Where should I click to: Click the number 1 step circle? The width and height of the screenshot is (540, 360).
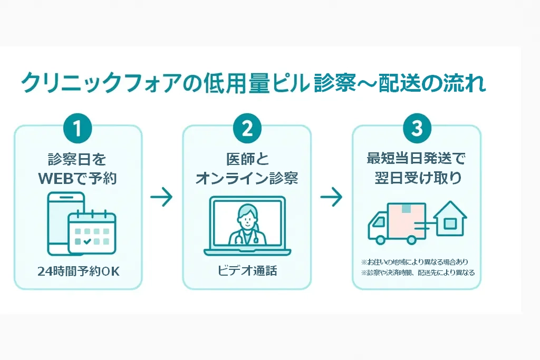(78, 128)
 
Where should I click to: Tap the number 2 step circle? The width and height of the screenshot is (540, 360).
(247, 128)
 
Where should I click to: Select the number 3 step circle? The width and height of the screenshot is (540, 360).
(417, 128)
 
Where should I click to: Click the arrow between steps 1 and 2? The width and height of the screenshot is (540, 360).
(161, 198)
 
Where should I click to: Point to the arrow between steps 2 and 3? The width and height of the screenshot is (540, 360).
(331, 198)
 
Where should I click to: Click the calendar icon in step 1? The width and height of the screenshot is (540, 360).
(92, 232)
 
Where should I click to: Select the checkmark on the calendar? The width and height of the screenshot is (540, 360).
(87, 241)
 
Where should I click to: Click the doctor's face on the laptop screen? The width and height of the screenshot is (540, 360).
(247, 215)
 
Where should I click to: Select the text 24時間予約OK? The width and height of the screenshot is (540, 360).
(79, 271)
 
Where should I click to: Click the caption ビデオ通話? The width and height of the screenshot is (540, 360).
(247, 271)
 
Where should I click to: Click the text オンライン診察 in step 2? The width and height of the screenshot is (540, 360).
(247, 178)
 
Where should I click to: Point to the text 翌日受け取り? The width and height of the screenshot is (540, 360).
(417, 178)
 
